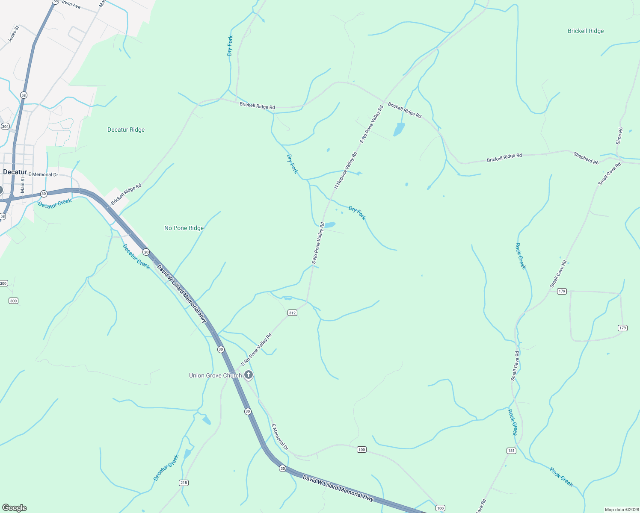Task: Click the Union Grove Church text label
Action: point(215,375)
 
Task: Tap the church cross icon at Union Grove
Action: point(248,375)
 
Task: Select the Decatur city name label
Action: point(15,172)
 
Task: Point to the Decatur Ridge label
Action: point(126,130)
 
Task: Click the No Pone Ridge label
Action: point(184,228)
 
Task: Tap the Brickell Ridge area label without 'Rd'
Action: point(585,31)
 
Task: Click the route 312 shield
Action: point(292,313)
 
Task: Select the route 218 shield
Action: point(184,483)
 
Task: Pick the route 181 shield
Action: point(511,451)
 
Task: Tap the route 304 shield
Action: point(5,127)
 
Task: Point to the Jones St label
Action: point(14,34)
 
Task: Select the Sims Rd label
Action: point(619,136)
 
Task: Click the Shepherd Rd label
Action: point(586,158)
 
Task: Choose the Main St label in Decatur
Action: point(23,185)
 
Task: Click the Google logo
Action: point(15,508)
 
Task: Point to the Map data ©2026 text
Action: point(621,510)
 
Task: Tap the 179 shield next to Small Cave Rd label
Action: point(562,291)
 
